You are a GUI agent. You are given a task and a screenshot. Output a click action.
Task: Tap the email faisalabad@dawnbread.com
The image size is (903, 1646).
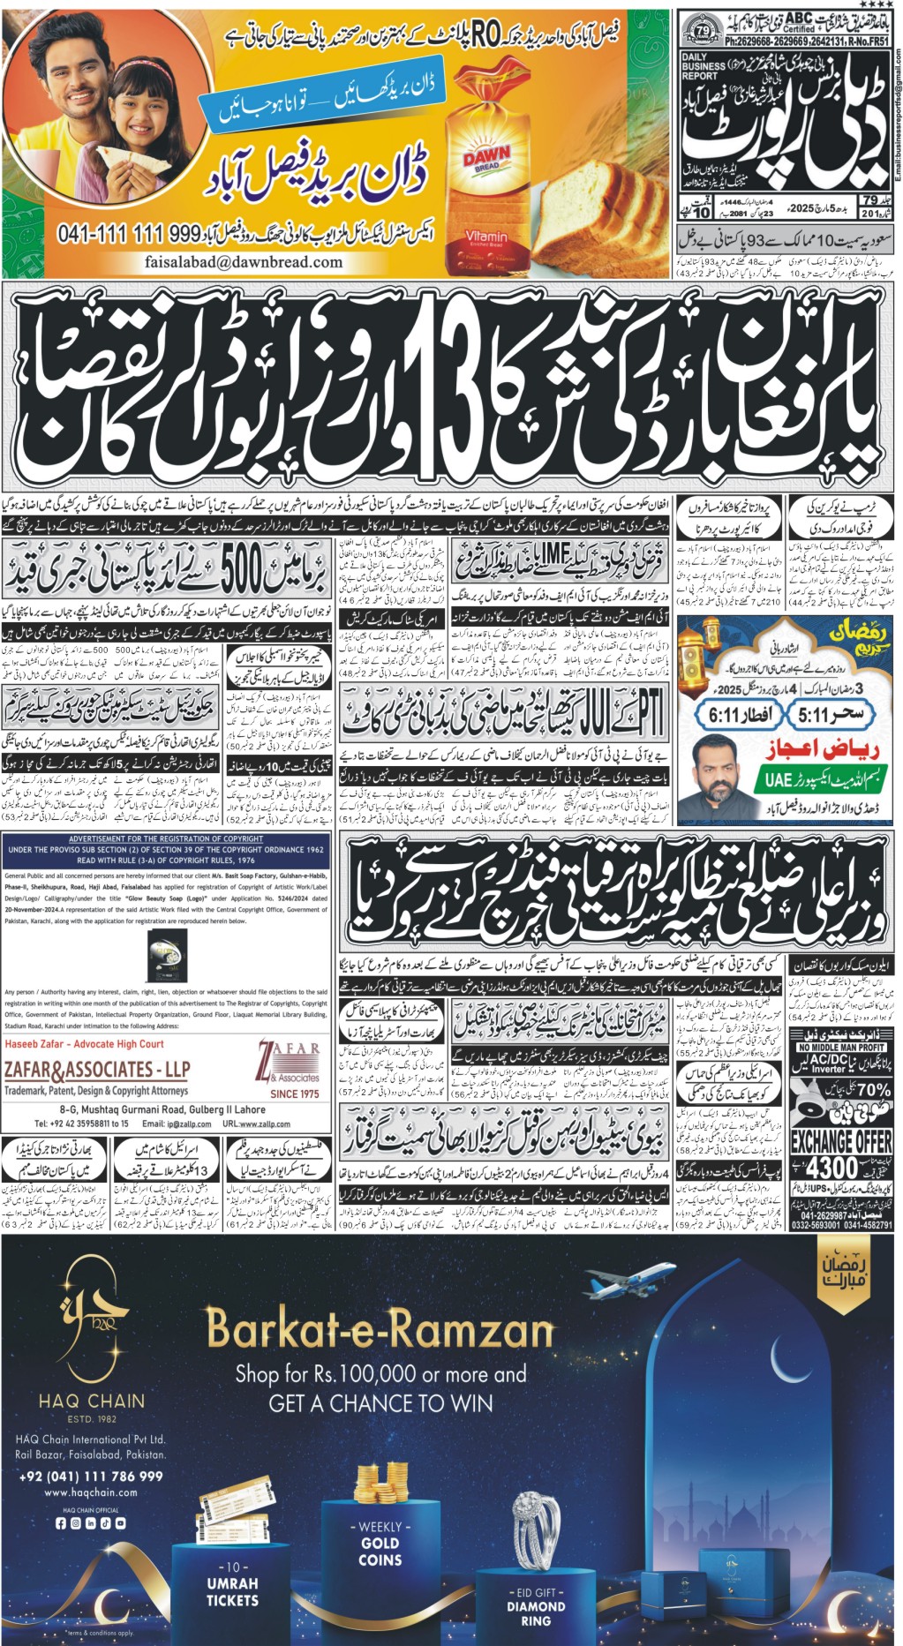click(244, 262)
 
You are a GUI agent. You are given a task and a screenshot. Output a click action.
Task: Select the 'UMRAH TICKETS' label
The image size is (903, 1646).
click(233, 1583)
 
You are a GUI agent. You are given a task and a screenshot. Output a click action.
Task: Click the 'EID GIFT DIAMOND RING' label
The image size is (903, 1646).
click(536, 1606)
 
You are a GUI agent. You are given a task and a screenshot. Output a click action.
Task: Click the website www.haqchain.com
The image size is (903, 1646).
click(91, 1492)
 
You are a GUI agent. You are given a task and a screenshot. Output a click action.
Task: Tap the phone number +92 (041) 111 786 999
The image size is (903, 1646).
click(91, 1476)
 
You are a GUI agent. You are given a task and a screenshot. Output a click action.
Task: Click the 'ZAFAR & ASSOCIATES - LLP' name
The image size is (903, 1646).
click(97, 1070)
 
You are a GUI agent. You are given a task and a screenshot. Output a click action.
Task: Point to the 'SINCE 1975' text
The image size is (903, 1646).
click(295, 1094)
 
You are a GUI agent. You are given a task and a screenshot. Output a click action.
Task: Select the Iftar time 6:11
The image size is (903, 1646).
click(734, 713)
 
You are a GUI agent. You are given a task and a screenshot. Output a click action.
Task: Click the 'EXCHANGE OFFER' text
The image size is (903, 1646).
click(840, 1141)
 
